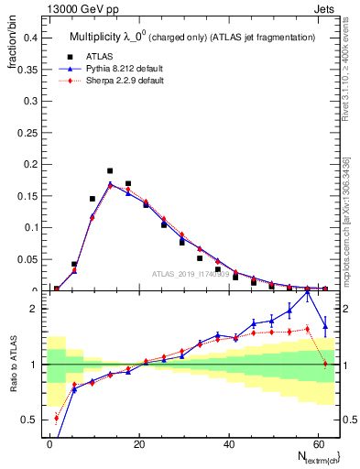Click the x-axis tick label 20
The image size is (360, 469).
139,442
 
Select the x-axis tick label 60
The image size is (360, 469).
318,442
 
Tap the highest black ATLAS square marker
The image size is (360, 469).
110,170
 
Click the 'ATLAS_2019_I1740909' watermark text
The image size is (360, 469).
191,274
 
